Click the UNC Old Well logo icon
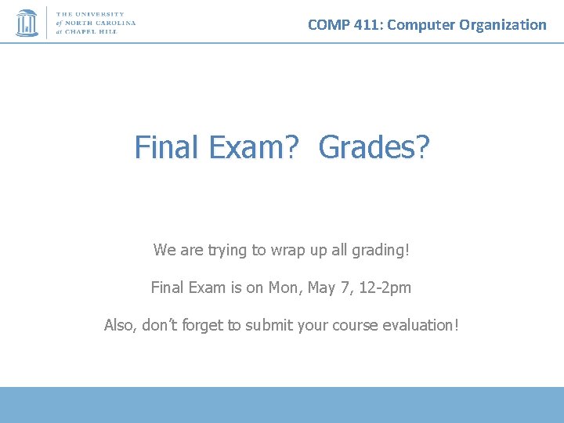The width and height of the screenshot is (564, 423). pyautogui.click(x=27, y=23)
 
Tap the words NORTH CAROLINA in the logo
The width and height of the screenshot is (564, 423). pyautogui.click(x=105, y=23)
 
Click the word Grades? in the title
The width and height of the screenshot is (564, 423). pyautogui.click(x=374, y=147)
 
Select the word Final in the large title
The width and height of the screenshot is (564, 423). pyautogui.click(x=167, y=147)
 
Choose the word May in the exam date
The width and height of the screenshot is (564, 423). pyautogui.click(x=321, y=287)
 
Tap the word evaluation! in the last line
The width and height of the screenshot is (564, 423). pyautogui.click(x=420, y=324)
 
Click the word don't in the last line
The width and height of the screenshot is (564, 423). pyautogui.click(x=159, y=324)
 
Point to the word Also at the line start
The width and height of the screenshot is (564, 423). pyautogui.click(x=120, y=324)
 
